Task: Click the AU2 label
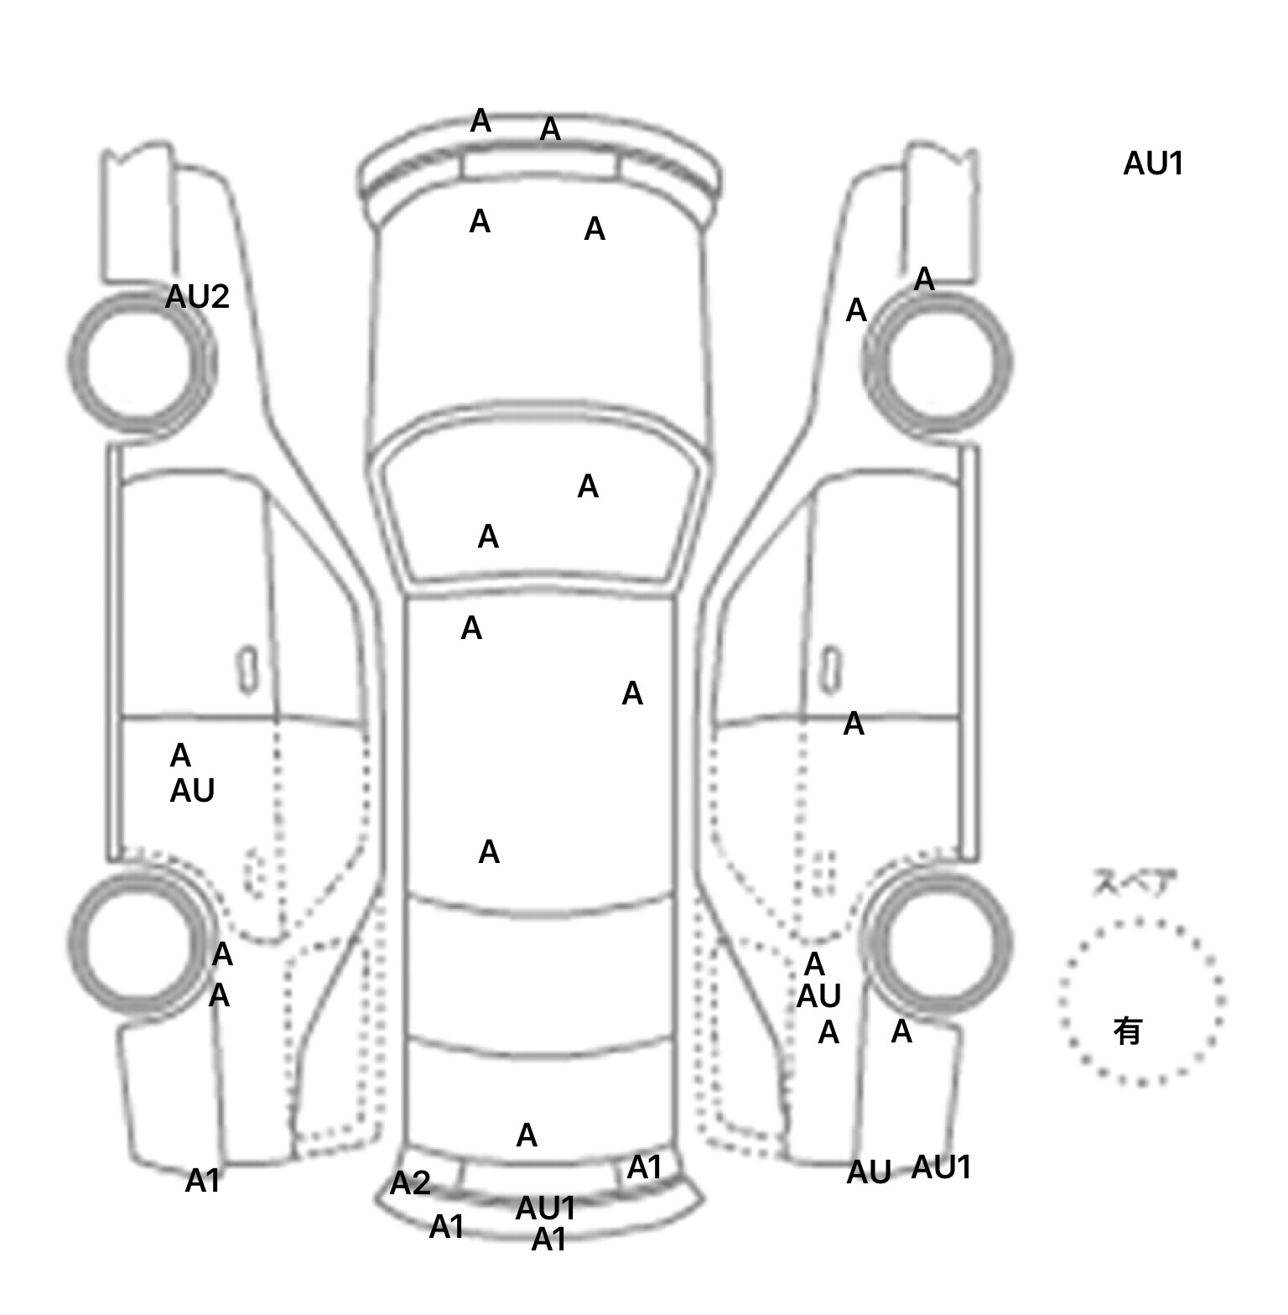click(197, 297)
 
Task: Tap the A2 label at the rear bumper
click(410, 1183)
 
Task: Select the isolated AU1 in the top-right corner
click(1153, 164)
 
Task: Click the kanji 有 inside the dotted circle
click(1128, 1031)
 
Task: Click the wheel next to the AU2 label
click(138, 363)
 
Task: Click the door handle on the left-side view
click(247, 670)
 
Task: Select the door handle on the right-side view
click(830, 670)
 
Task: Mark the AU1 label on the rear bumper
click(545, 1208)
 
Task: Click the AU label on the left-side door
click(192, 791)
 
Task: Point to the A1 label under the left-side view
click(202, 1181)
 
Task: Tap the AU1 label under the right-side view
click(941, 1167)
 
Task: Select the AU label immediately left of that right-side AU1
click(869, 1172)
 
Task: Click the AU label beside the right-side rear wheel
click(818, 996)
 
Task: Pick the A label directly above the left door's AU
click(180, 756)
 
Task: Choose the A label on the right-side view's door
click(854, 724)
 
